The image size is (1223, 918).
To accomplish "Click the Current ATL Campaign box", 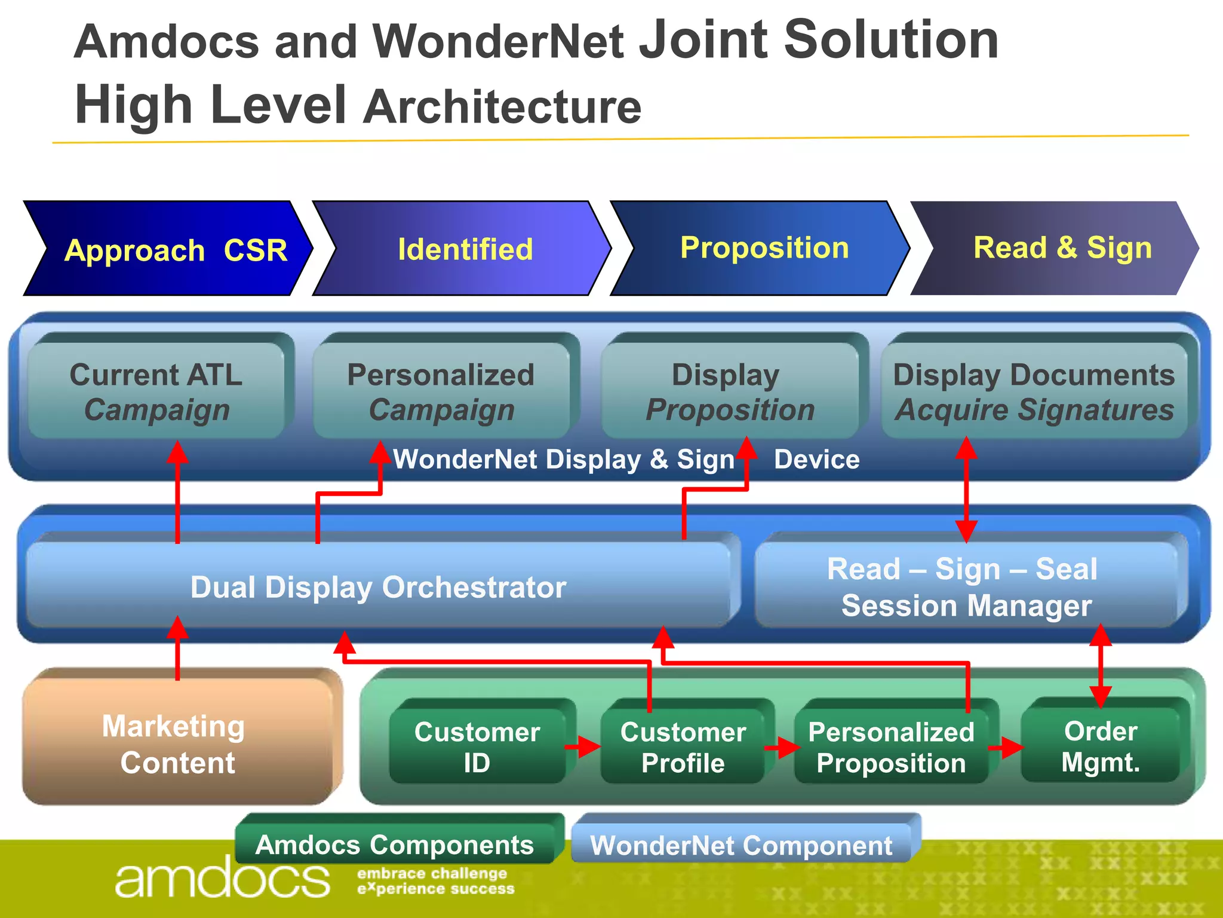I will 156,391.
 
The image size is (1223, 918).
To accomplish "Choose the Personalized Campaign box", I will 441,391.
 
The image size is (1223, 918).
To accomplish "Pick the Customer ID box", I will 477,746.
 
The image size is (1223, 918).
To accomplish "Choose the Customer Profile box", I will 683,746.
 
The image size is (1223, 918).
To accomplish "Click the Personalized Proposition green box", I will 890,746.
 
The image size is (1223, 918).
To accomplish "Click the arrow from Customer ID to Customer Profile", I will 582,746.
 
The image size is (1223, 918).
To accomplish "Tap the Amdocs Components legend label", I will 395,844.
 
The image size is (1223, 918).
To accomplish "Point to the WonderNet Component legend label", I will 741,844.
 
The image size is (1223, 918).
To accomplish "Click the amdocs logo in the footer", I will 222,877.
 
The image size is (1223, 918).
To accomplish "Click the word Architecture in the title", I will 503,107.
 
